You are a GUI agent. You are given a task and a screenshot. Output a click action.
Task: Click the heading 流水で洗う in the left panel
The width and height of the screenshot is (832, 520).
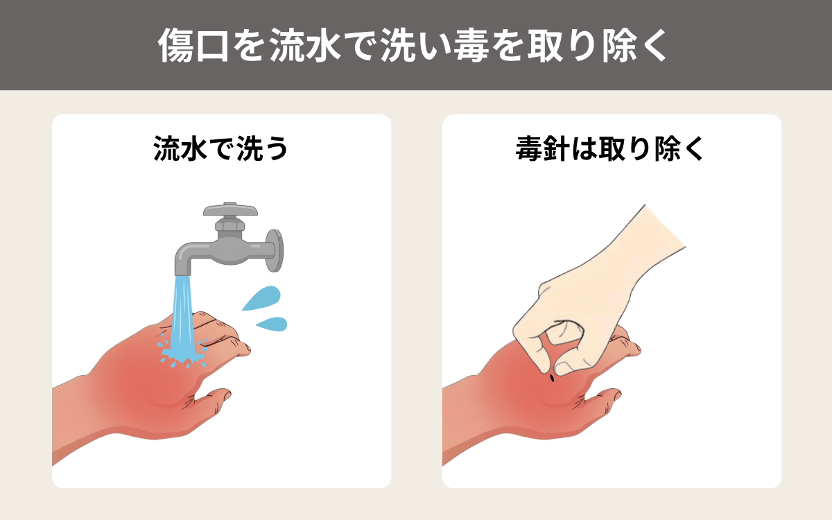point(221,149)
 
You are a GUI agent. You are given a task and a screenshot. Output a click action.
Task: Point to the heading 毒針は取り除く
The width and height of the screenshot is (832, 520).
point(611,149)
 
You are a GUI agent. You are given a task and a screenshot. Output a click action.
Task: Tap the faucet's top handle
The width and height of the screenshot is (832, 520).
point(230,211)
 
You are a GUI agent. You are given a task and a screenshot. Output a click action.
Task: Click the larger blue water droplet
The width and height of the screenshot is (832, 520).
point(262,298)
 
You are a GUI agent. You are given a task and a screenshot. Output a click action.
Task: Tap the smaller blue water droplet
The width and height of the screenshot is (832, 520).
point(272,323)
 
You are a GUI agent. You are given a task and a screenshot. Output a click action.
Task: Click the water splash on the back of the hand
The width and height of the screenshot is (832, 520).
point(182,350)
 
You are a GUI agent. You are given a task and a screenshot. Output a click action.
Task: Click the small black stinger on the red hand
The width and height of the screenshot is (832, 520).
point(552,378)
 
